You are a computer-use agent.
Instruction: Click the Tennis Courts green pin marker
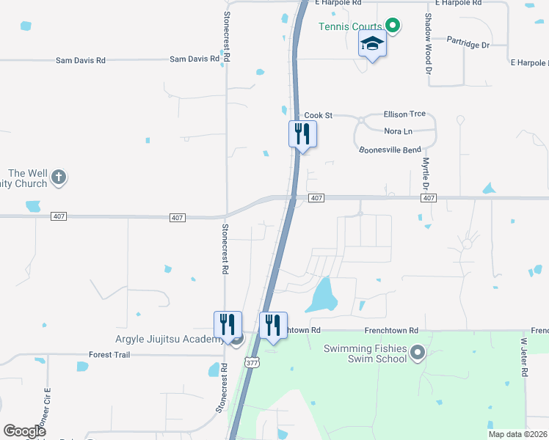click(393, 27)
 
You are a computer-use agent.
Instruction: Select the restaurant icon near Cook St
click(302, 134)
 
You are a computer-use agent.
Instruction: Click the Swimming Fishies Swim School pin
click(418, 353)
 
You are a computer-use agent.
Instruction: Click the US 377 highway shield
click(253, 363)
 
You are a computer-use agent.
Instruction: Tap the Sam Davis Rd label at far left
click(81, 59)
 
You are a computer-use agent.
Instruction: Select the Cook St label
click(319, 116)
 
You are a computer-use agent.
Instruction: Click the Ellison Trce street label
click(404, 114)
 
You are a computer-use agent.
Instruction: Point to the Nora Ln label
click(399, 131)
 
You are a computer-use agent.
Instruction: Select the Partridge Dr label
click(467, 45)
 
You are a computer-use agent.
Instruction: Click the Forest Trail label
click(109, 355)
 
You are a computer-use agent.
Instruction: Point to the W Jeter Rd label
click(525, 357)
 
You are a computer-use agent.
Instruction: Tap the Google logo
click(24, 431)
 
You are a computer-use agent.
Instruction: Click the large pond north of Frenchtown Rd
click(324, 296)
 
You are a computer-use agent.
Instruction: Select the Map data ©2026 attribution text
click(517, 434)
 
